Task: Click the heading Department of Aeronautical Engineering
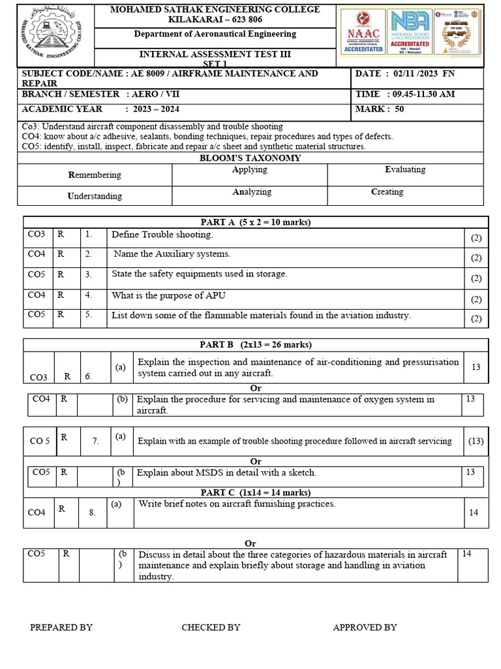[x=215, y=34]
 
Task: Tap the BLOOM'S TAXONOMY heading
[x=250, y=158]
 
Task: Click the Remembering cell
[x=95, y=175]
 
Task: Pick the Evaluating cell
[x=405, y=169]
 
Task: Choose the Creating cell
[x=387, y=192]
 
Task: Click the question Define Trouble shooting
[x=162, y=235]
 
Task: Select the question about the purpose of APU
[x=169, y=295]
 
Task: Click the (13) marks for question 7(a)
[x=476, y=441]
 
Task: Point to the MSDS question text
[x=226, y=472]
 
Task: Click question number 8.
[x=92, y=513]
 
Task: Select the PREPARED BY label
[x=61, y=627]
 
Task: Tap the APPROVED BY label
[x=365, y=627]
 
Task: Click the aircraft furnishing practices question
[x=237, y=504]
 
